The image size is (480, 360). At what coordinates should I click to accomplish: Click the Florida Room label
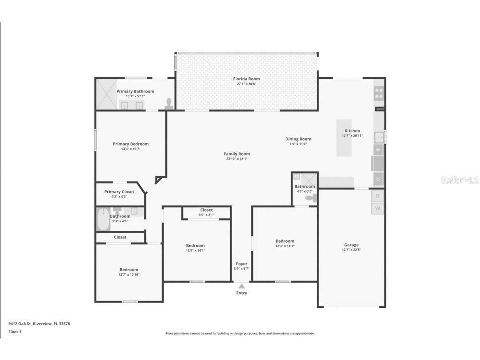click(246, 79)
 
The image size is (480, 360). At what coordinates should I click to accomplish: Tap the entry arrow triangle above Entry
click(242, 286)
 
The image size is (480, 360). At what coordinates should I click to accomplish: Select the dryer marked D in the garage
click(378, 196)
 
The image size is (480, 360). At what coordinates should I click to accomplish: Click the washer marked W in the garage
click(378, 209)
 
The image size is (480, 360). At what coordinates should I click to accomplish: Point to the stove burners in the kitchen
click(379, 93)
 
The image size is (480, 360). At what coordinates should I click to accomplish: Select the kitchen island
click(344, 138)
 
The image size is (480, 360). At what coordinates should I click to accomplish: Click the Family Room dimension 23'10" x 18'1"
click(237, 159)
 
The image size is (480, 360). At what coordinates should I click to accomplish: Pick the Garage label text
click(351, 245)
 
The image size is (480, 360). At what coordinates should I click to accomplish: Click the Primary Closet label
click(119, 192)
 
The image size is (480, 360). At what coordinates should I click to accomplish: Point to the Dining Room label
click(298, 139)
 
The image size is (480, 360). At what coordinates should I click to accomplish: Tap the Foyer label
click(241, 264)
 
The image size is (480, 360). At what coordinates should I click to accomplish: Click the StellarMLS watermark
click(459, 180)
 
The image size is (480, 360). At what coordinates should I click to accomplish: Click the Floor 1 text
click(15, 332)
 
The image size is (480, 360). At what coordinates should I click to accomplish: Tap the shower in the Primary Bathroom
click(107, 94)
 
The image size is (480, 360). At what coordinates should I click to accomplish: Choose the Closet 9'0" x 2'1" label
click(206, 210)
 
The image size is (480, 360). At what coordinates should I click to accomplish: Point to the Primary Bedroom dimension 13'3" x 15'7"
click(131, 149)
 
